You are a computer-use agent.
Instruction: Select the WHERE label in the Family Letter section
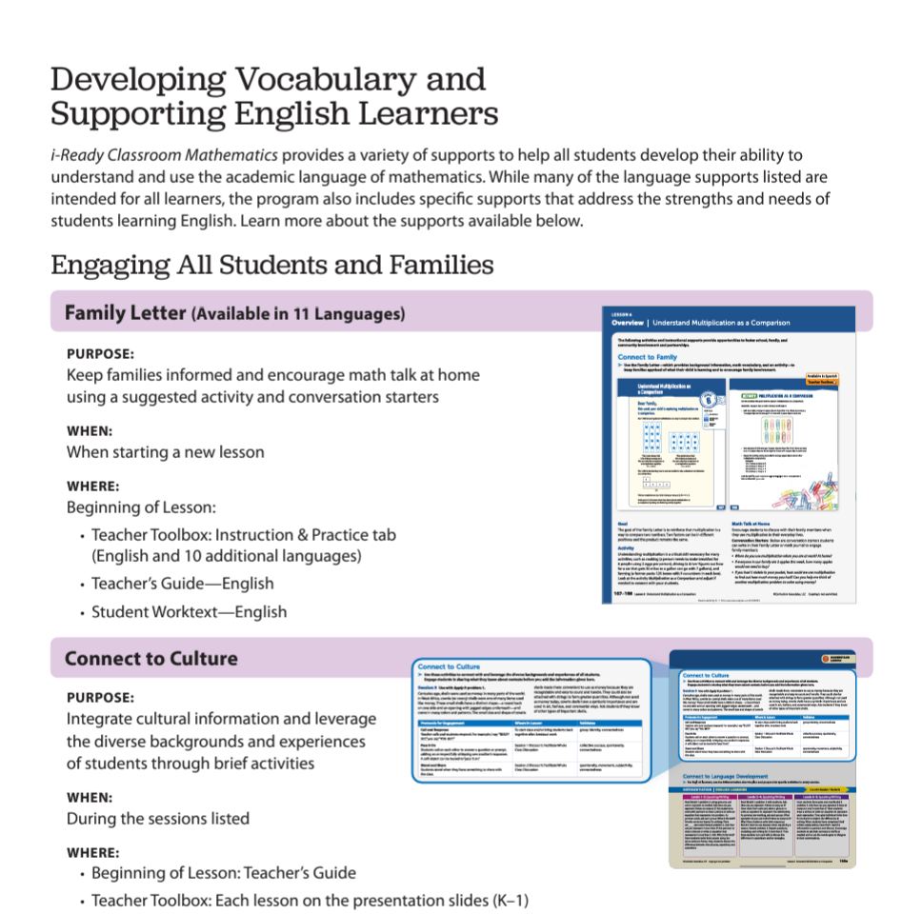coord(93,486)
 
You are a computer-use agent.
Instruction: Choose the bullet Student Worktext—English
coord(189,611)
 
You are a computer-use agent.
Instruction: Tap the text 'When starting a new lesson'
coord(165,452)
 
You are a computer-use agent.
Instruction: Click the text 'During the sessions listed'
coord(158,819)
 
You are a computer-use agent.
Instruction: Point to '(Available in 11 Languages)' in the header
coord(298,313)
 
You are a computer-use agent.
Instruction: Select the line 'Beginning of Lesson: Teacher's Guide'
coord(224,873)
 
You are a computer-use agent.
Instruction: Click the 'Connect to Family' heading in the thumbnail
coord(649,356)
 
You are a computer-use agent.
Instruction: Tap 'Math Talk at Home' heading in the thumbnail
coord(757,523)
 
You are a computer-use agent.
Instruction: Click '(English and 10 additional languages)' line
coord(227,556)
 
